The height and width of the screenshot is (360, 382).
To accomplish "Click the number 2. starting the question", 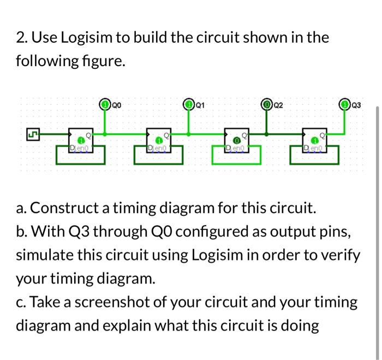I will pyautogui.click(x=22, y=38).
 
